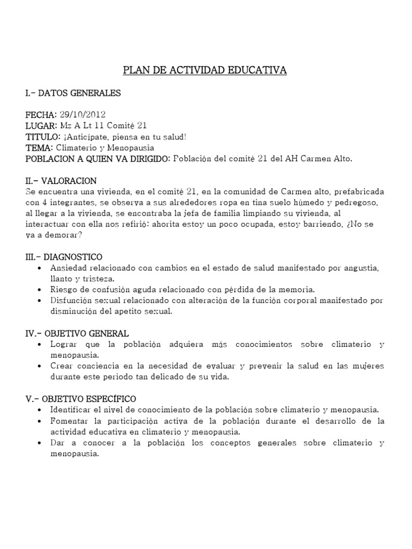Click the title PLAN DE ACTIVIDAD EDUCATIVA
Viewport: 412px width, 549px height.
(205, 70)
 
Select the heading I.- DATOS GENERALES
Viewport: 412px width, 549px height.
(73, 93)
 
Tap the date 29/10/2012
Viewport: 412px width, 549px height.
(82, 115)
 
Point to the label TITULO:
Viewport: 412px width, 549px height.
(42, 136)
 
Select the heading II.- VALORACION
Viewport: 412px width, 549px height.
(61, 181)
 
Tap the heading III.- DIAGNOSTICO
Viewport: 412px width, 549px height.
(63, 257)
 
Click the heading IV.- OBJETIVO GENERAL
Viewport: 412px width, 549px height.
(77, 333)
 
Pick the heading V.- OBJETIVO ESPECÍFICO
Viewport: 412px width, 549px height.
(80, 399)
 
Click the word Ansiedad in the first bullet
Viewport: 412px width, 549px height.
(67, 268)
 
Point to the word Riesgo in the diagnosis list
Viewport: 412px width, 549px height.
(63, 290)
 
